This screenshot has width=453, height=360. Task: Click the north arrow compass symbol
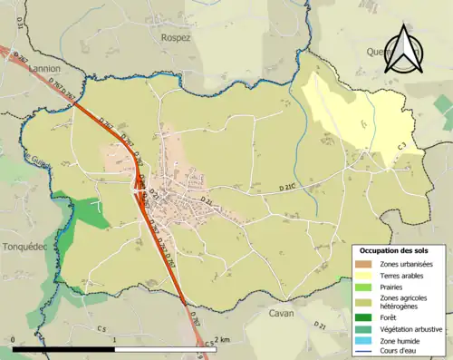click(404, 49)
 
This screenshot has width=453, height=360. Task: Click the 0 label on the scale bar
click(14, 340)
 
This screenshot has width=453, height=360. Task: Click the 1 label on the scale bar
click(114, 340)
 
